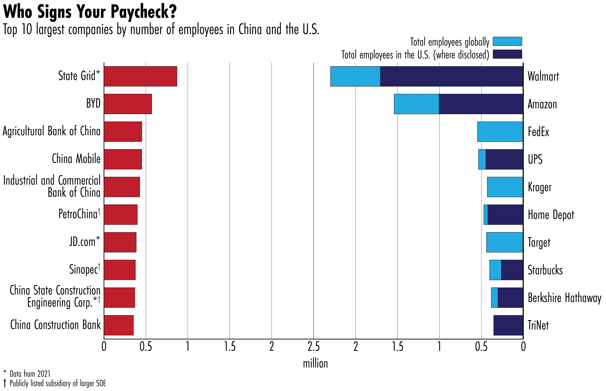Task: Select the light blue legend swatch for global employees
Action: [x=507, y=41]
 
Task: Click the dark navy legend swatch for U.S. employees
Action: [x=507, y=54]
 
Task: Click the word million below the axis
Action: [x=315, y=364]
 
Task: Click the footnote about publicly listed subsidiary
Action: [x=58, y=383]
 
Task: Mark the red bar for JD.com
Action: [x=120, y=242]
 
